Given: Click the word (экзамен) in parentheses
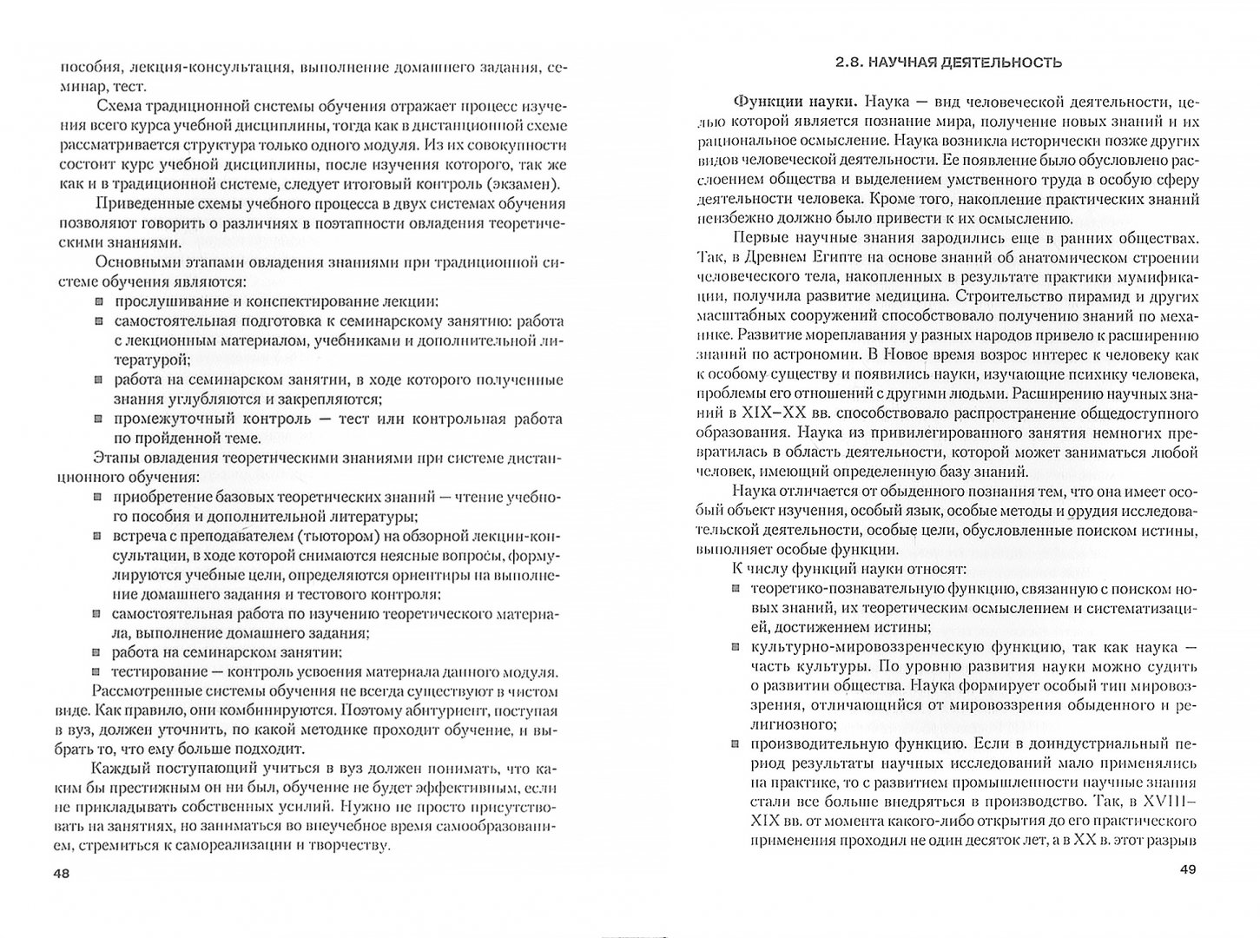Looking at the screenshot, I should click(x=526, y=183).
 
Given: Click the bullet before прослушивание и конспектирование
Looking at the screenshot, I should click(x=98, y=301).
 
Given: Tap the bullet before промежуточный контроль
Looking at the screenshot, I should click(x=98, y=419).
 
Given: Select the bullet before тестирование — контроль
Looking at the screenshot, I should click(x=98, y=672).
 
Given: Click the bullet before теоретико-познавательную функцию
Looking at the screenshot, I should click(x=734, y=589).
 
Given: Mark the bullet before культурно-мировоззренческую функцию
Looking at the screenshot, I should click(x=734, y=648).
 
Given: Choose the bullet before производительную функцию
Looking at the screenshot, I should click(x=734, y=743).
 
